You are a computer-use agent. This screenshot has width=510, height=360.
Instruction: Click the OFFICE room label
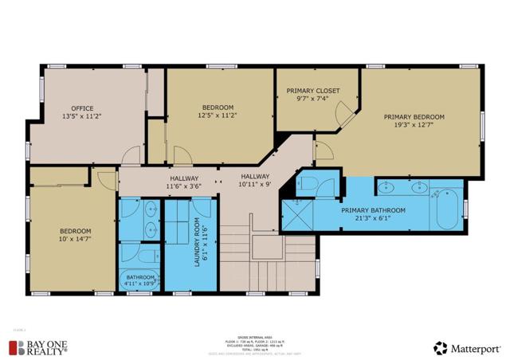click(82, 108)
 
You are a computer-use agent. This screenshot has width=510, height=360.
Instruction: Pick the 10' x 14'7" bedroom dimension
click(73, 239)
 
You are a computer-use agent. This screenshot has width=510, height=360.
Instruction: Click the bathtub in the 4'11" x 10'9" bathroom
click(139, 279)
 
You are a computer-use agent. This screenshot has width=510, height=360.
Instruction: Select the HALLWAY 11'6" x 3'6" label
click(182, 182)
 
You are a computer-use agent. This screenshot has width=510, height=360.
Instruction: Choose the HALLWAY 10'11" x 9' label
click(255, 181)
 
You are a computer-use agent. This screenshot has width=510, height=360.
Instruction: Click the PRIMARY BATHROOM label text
click(373, 210)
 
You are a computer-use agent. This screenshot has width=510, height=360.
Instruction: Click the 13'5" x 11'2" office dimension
click(82, 115)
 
